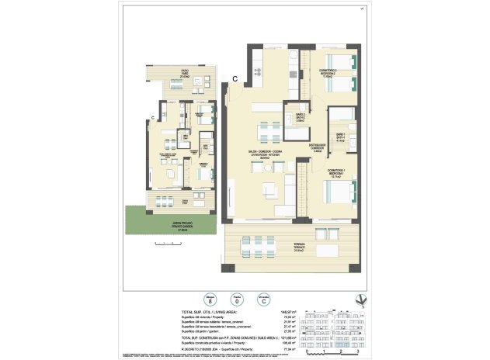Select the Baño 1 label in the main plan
[340, 135]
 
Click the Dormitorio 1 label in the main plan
[335, 173]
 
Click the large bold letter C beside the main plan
[234, 78]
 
